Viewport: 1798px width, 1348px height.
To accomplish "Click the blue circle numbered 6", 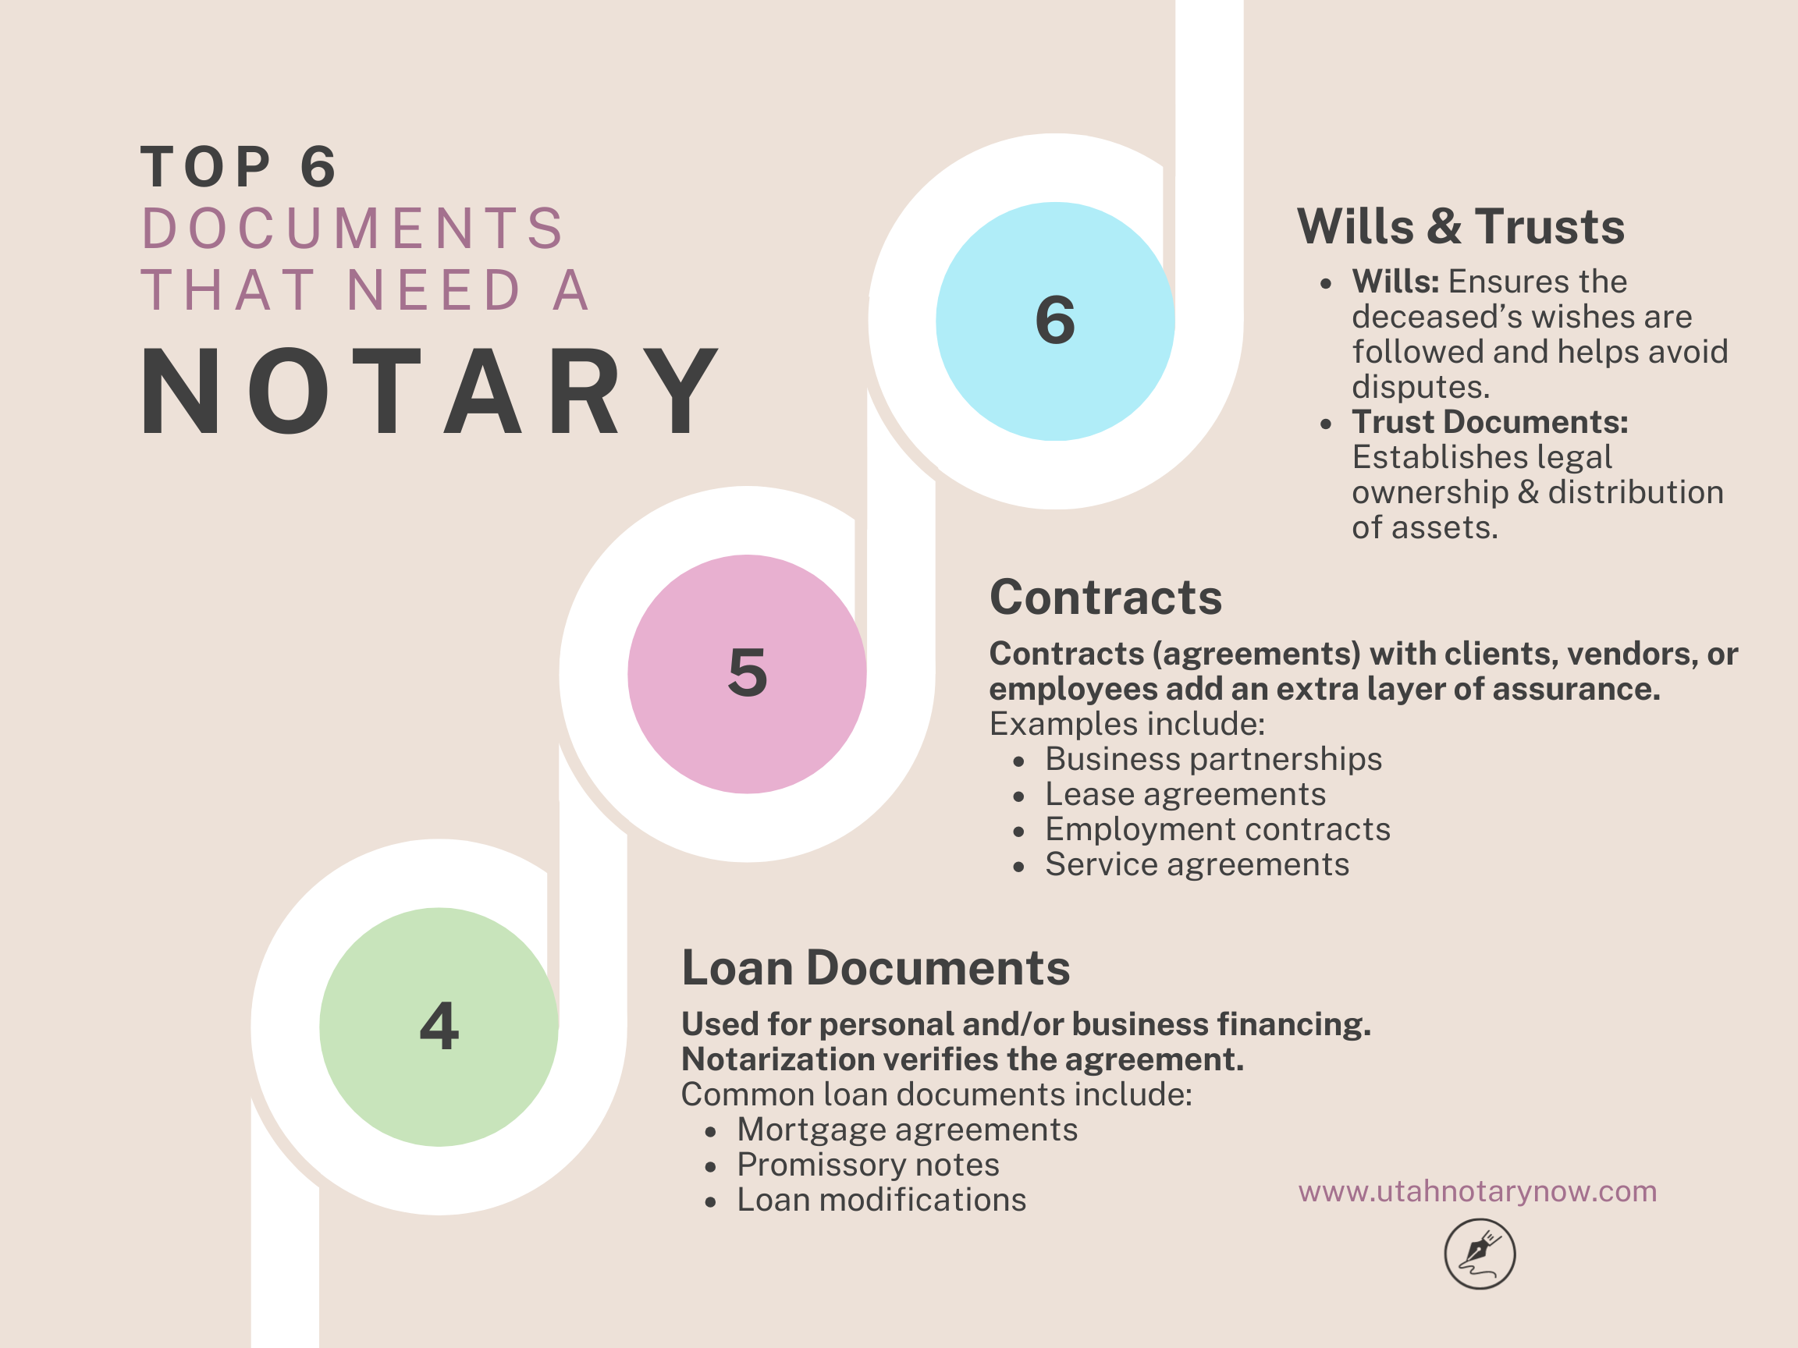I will tap(1054, 321).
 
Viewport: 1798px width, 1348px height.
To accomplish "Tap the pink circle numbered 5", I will tap(746, 673).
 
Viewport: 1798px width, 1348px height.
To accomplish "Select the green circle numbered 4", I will tap(439, 1027).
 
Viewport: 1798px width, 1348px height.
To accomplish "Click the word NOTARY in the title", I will tap(429, 391).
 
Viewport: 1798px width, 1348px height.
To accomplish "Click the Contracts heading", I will tap(1106, 598).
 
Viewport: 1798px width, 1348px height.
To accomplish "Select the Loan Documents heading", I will tap(876, 968).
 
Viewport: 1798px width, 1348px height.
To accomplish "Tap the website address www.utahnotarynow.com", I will tap(1477, 1191).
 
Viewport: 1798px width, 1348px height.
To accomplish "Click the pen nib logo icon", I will tap(1480, 1254).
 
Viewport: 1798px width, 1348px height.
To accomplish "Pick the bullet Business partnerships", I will tap(1213, 759).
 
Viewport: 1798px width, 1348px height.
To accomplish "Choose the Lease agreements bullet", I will tap(1185, 794).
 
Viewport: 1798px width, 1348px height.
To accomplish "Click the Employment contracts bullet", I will tap(1217, 828).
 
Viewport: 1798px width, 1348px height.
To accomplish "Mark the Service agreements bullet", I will tap(1196, 864).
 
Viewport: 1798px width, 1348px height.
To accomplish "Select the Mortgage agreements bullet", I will tap(907, 1130).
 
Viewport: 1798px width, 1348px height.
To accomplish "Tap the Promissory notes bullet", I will tap(867, 1165).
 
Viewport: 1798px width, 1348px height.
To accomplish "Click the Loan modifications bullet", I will tap(881, 1200).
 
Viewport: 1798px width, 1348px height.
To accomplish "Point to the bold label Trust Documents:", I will tap(1490, 422).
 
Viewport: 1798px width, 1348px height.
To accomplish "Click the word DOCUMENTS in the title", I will tap(353, 229).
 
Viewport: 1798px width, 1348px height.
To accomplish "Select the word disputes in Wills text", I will tap(1420, 387).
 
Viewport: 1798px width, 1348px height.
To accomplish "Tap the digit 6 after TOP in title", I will tap(318, 168).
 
